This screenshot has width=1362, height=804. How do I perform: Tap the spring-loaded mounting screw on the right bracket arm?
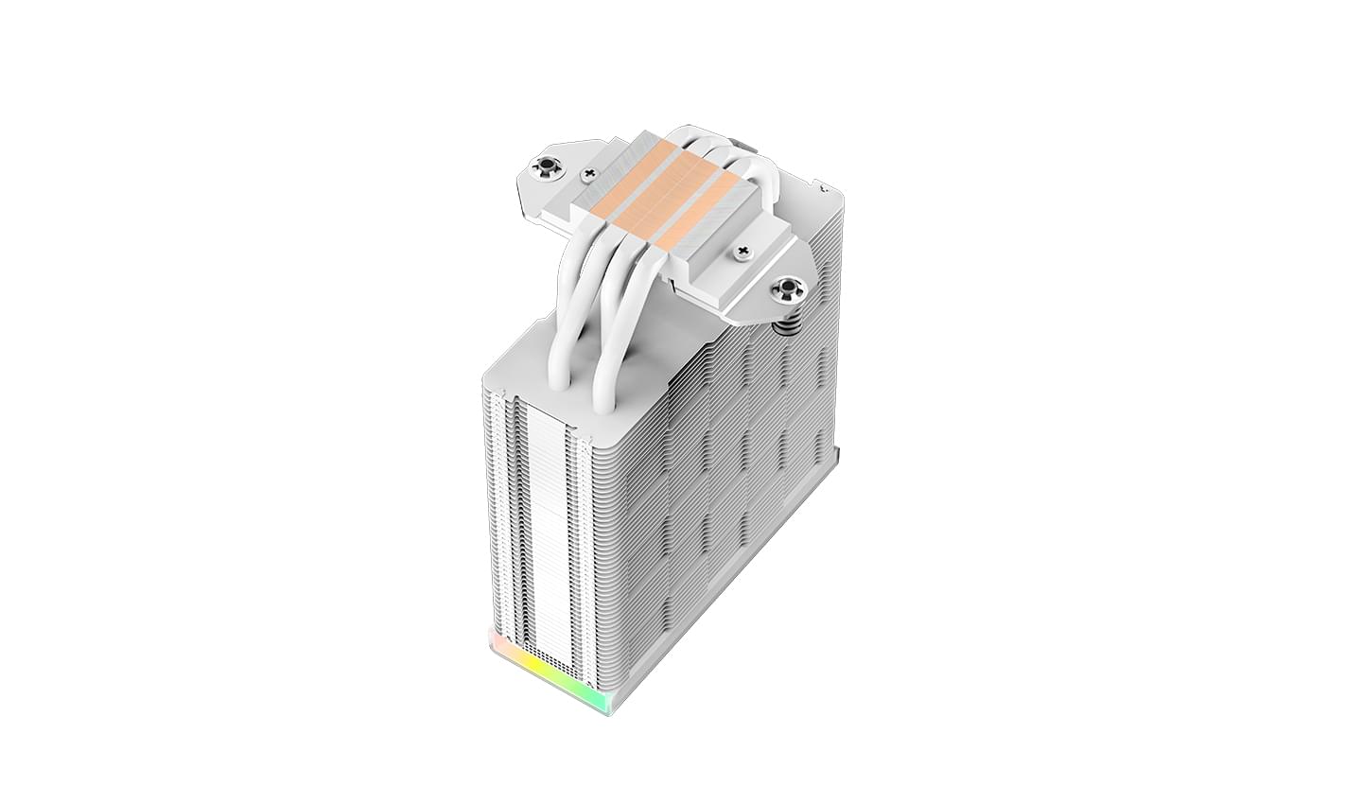(785, 289)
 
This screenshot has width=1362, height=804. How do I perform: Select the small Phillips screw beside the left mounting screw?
(591, 174)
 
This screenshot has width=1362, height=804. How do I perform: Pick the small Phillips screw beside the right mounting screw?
(742, 252)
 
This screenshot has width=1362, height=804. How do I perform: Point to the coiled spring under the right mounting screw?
(785, 323)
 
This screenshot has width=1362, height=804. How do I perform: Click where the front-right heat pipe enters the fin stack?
(602, 401)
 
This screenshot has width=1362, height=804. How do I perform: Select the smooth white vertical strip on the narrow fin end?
(541, 530)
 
